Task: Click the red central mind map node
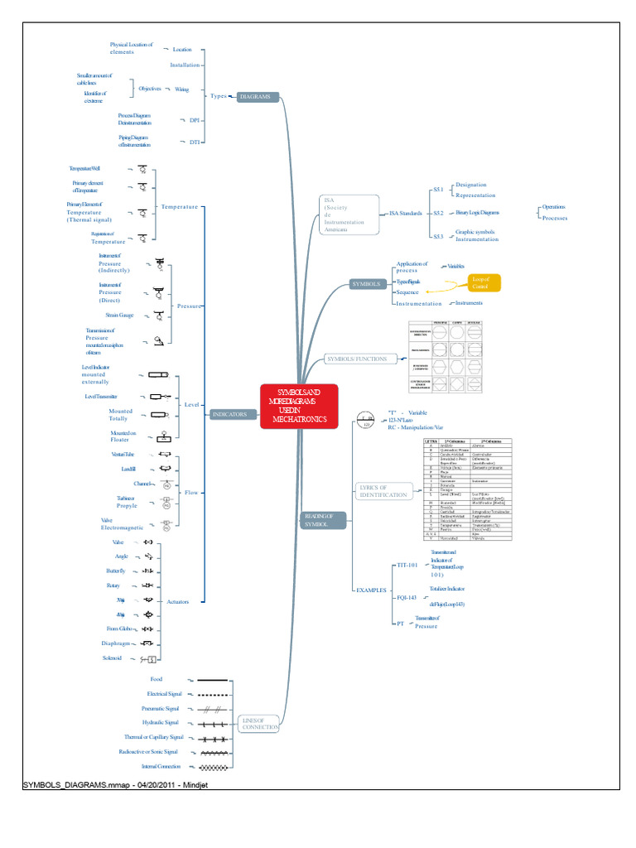coord(299,406)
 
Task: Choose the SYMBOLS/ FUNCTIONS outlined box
coord(357,359)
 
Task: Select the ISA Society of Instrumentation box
coord(348,214)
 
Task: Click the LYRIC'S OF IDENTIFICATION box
coord(382,490)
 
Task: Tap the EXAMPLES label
coord(371,590)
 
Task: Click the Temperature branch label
coord(180,206)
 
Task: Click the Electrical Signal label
coord(164,693)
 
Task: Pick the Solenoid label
coord(114,658)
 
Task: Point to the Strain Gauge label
coord(120,315)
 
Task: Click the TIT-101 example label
coord(407,564)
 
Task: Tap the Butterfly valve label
coord(116,571)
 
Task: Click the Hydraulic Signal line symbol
coord(214,723)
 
